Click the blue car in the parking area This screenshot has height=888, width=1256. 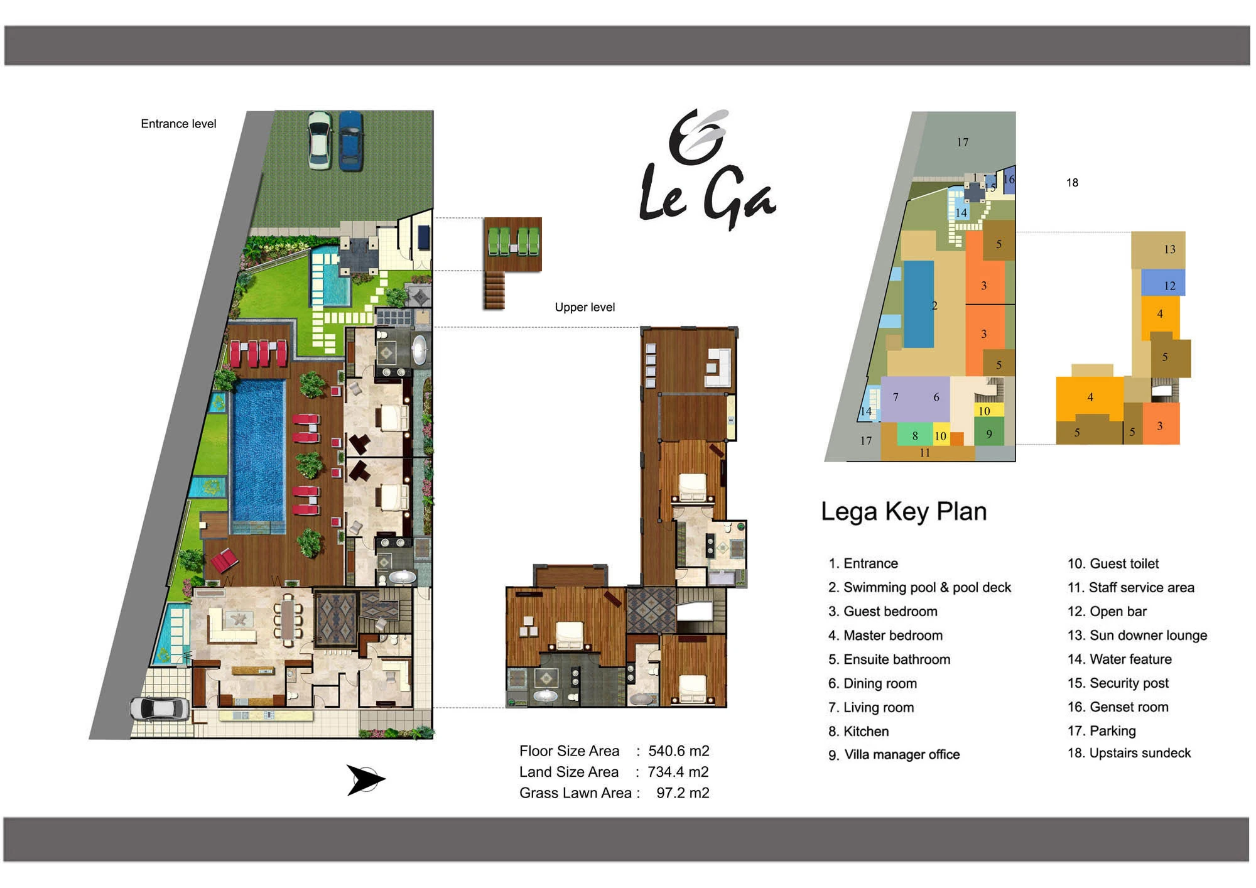point(350,141)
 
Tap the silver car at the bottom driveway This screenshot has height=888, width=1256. point(160,708)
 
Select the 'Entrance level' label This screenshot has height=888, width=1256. point(178,124)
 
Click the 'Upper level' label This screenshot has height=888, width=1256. point(585,307)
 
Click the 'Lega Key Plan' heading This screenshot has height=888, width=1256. point(904,511)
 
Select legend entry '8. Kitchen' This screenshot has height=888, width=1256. point(858,731)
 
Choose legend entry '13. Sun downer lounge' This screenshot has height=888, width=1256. point(1137,635)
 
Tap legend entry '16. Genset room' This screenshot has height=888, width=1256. point(1118,707)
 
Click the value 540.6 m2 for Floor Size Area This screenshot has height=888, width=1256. point(679,750)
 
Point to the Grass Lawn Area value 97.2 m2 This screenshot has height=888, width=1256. point(683,793)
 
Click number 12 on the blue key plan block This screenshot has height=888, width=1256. point(1169,286)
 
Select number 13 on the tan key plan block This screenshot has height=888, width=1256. point(1169,249)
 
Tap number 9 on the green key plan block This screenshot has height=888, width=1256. point(989,434)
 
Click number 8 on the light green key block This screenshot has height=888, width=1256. point(915,436)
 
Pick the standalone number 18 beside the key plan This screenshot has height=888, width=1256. point(1072,183)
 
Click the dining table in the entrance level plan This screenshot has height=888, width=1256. point(287,620)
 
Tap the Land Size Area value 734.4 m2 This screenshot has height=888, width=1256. point(678,772)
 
